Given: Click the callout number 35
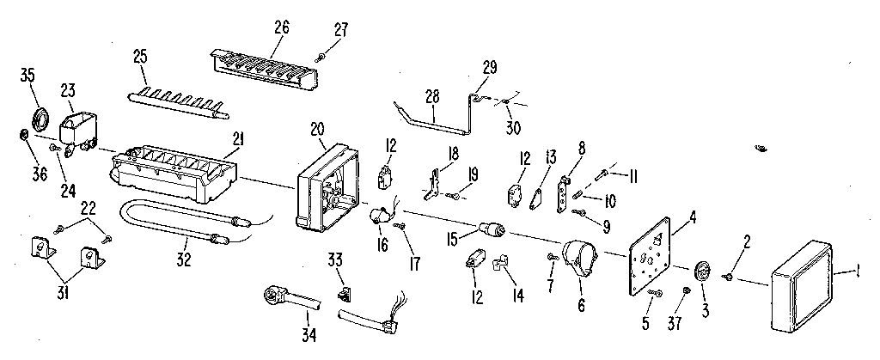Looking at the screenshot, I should point(27,75).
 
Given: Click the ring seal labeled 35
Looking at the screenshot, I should point(40,117).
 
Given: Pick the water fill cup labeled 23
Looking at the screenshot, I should point(77,130).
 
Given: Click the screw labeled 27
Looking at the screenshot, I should point(320,57).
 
